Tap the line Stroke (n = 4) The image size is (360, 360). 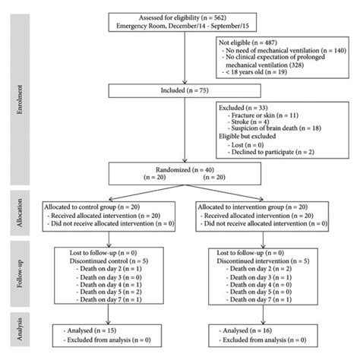[x=254, y=122]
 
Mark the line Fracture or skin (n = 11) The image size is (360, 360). [x=261, y=114]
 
